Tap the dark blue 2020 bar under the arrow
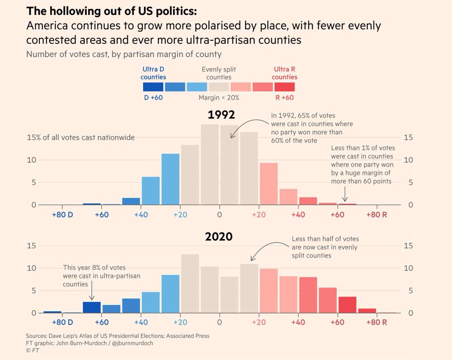92,307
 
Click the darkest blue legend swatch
153,87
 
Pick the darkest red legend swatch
284,87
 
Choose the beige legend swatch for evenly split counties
219,87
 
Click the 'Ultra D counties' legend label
153,73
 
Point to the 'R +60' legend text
284,97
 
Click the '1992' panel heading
221,114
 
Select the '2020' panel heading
219,237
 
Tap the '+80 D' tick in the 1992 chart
62,215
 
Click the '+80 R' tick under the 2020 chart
377,322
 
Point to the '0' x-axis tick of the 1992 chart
219,215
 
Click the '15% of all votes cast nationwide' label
81,137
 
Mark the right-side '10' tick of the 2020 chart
408,268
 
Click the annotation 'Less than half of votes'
325,239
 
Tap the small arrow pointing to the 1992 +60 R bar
345,195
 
